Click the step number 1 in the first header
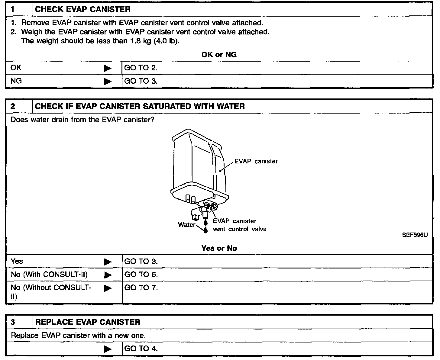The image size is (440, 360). click(13, 9)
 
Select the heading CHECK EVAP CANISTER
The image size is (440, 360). click(83, 9)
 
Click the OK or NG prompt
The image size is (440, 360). click(219, 55)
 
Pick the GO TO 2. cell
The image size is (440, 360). click(141, 68)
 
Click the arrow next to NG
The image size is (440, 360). click(108, 81)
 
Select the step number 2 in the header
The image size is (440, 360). click(13, 106)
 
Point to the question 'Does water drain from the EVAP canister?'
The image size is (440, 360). click(82, 120)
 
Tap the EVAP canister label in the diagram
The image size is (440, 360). click(256, 161)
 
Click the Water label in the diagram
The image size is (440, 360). click(187, 225)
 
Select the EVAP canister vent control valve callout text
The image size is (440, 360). click(239, 225)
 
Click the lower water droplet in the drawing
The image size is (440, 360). click(206, 230)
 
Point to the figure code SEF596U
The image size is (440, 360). click(415, 235)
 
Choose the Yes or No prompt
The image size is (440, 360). click(219, 248)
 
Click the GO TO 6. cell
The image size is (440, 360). click(141, 275)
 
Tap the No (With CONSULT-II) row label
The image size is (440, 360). click(49, 275)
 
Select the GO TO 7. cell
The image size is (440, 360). click(141, 288)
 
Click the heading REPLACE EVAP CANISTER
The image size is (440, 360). click(88, 322)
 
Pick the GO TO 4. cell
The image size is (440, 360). click(141, 349)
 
